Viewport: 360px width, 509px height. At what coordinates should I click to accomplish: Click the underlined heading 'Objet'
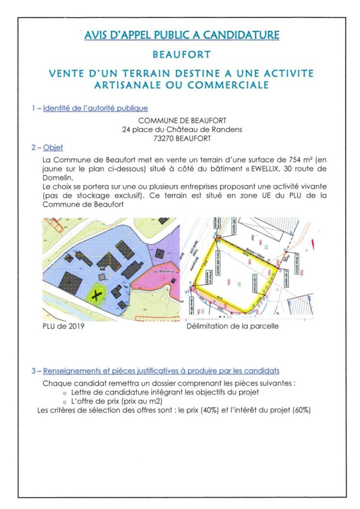(53, 148)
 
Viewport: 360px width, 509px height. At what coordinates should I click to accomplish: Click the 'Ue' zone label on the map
(103, 268)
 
